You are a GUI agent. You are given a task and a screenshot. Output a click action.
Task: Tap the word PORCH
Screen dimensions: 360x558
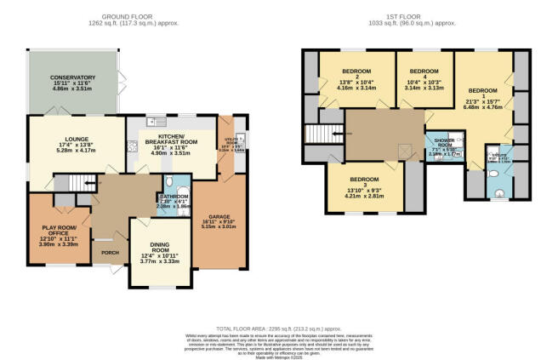(x=110, y=253)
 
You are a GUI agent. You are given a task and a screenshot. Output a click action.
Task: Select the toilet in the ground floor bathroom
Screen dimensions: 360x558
(x=169, y=181)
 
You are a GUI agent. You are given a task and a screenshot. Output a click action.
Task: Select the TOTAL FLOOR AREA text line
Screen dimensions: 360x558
(x=278, y=327)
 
